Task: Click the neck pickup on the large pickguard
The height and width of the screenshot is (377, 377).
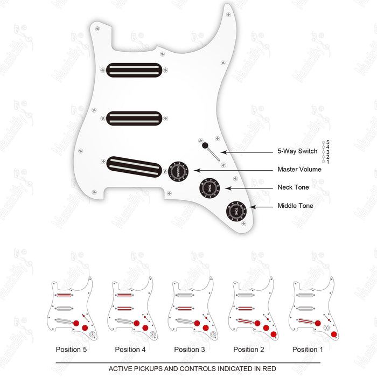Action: (x=134, y=70)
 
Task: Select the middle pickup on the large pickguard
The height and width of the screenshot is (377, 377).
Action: (x=134, y=118)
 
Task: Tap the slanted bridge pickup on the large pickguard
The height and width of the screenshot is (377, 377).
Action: (x=134, y=166)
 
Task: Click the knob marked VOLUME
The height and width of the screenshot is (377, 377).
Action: (x=177, y=171)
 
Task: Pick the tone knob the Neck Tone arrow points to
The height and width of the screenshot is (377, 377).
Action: (x=210, y=188)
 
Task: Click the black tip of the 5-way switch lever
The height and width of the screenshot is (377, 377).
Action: (x=205, y=145)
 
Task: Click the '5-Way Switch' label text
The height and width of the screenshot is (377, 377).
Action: (x=297, y=152)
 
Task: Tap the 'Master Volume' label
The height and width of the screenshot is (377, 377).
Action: (x=299, y=170)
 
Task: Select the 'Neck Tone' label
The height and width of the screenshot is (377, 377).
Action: (x=293, y=188)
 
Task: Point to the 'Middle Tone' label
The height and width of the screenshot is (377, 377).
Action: (x=295, y=206)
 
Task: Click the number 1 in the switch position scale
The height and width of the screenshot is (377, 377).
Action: (x=328, y=162)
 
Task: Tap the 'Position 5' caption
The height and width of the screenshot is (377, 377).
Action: (x=72, y=350)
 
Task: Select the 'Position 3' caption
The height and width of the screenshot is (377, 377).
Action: (x=190, y=350)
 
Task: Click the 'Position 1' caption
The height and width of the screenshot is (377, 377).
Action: (x=308, y=350)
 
